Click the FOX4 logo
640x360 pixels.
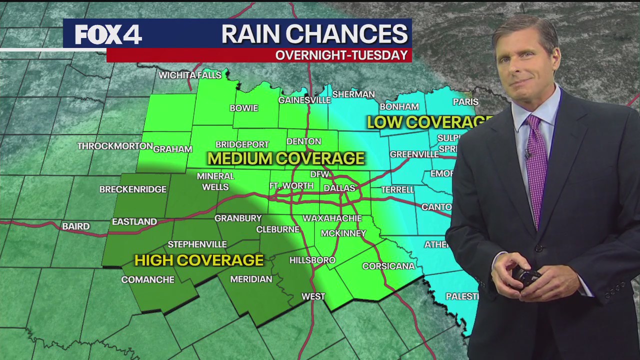[x=108, y=34]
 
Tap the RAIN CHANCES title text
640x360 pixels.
[x=314, y=34]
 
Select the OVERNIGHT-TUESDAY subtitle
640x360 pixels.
[x=341, y=55]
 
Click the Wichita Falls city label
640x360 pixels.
[x=190, y=75]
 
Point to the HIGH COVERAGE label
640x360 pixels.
[x=199, y=260]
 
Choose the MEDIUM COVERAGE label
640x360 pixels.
[x=286, y=158]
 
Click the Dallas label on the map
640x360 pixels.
[x=339, y=188]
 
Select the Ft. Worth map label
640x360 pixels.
[x=291, y=186]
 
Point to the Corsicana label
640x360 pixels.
[x=388, y=266]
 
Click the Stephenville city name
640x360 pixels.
[x=197, y=244]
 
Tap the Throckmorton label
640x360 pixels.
[x=115, y=146]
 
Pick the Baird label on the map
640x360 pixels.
[x=76, y=226]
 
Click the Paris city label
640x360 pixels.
[x=465, y=102]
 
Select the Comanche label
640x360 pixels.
[x=147, y=279]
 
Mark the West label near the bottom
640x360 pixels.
[x=313, y=296]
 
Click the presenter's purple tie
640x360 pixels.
[x=536, y=165]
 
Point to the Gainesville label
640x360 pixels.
[x=304, y=100]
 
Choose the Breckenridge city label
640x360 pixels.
[x=133, y=189]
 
